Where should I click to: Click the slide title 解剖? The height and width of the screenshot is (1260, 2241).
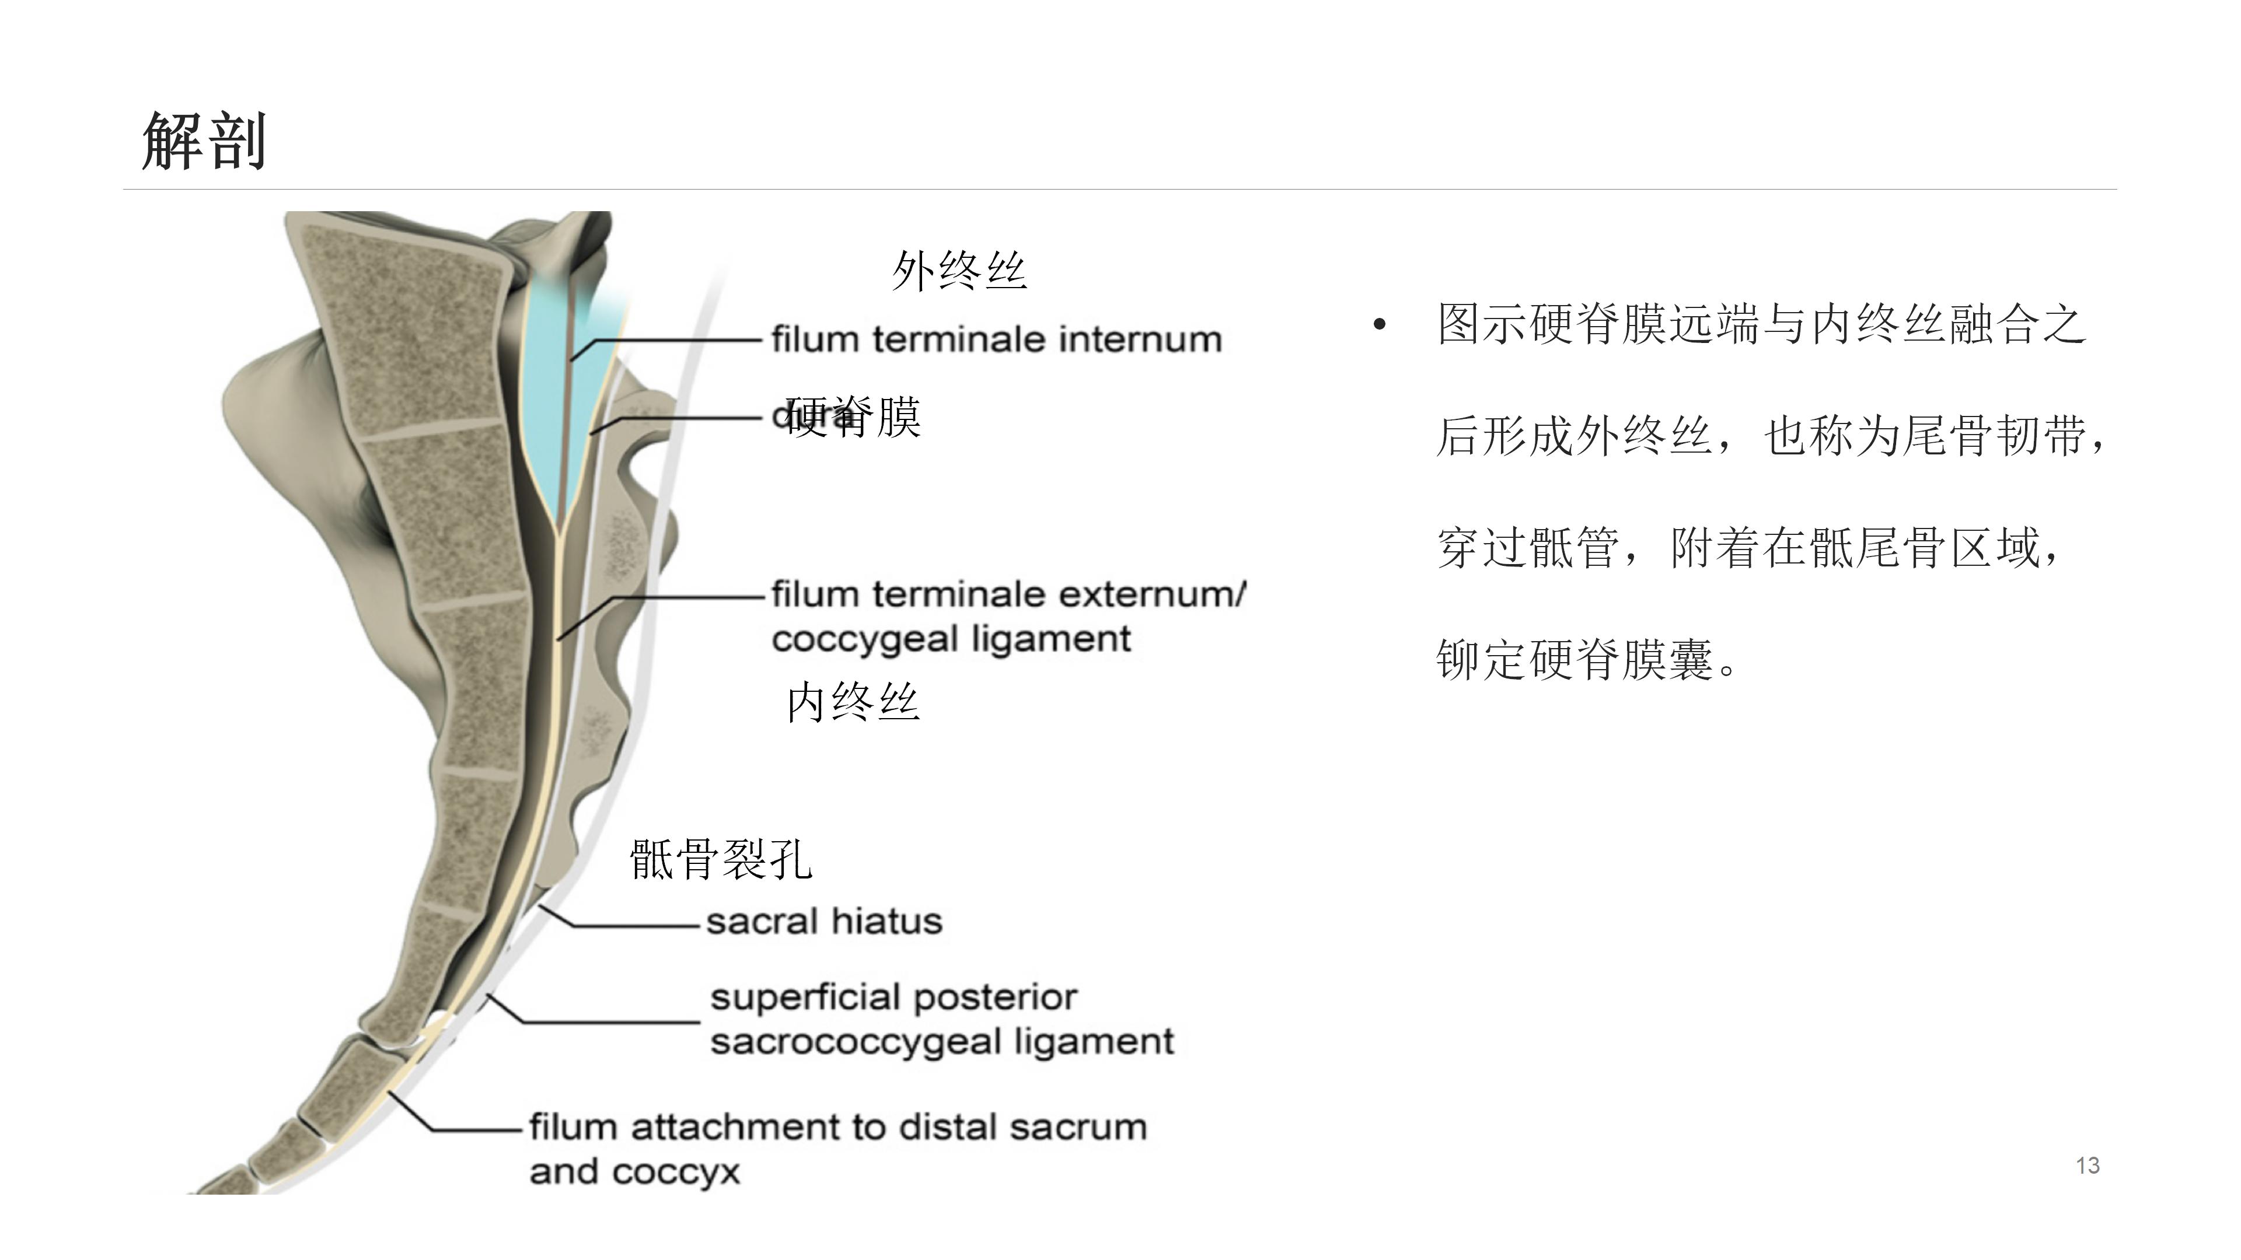pyautogui.click(x=204, y=141)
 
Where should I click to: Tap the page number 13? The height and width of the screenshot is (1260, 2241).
pyautogui.click(x=2087, y=1165)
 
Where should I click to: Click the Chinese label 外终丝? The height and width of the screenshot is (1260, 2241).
pyautogui.click(x=959, y=271)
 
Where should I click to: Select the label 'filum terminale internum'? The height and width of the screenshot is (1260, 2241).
pyautogui.click(x=996, y=339)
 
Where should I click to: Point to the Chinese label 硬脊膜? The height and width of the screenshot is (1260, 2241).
pyautogui.click(x=853, y=418)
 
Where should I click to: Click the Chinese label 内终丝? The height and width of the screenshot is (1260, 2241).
pyautogui.click(x=853, y=702)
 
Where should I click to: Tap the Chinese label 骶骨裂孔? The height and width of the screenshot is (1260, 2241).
pyautogui.click(x=720, y=859)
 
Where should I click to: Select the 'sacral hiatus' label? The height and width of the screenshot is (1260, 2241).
pyautogui.click(x=824, y=921)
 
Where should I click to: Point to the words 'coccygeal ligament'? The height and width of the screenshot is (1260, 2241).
pyautogui.click(x=950, y=639)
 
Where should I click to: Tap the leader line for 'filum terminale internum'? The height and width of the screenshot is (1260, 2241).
pyautogui.click(x=679, y=339)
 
